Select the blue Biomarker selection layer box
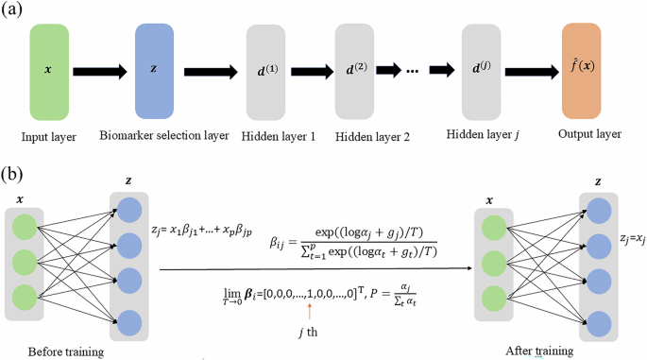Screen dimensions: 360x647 click(x=155, y=71)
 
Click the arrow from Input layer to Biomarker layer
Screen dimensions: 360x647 click(x=101, y=71)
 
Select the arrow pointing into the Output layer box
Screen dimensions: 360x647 click(x=535, y=72)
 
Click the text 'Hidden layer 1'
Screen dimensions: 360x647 click(x=277, y=136)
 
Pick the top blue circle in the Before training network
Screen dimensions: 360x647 click(x=128, y=209)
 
